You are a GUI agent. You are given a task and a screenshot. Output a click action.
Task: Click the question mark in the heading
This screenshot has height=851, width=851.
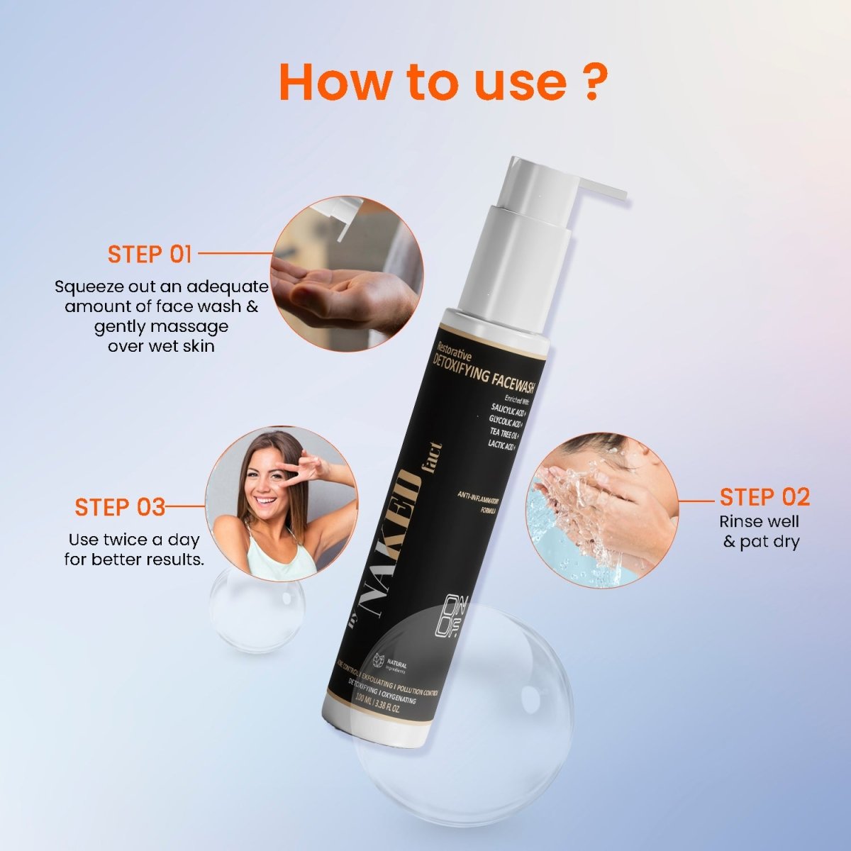point(588,83)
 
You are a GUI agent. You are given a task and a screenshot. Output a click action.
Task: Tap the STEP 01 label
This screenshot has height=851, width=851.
point(150,254)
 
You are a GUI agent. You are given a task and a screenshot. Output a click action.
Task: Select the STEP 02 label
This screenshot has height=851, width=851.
point(764,497)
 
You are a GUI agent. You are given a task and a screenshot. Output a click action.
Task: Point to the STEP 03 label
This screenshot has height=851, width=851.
point(120,507)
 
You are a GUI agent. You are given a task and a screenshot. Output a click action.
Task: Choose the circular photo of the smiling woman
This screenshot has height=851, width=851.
point(282,504)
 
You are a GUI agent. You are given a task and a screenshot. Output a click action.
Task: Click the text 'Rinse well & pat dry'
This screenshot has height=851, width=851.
point(760,532)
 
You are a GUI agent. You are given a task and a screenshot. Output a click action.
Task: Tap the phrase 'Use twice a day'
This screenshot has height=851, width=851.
point(134,540)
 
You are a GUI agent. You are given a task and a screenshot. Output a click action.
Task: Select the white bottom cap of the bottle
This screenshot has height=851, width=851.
point(379,730)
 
